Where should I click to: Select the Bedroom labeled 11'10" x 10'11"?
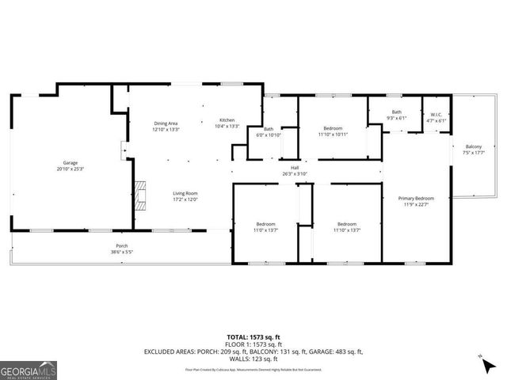pos(333,131)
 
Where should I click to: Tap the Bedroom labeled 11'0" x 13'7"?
pos(265,227)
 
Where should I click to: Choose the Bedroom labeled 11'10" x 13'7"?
pos(344,227)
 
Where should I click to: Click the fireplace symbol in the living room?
pos(140,193)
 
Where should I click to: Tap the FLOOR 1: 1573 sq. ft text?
pos(253,344)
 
